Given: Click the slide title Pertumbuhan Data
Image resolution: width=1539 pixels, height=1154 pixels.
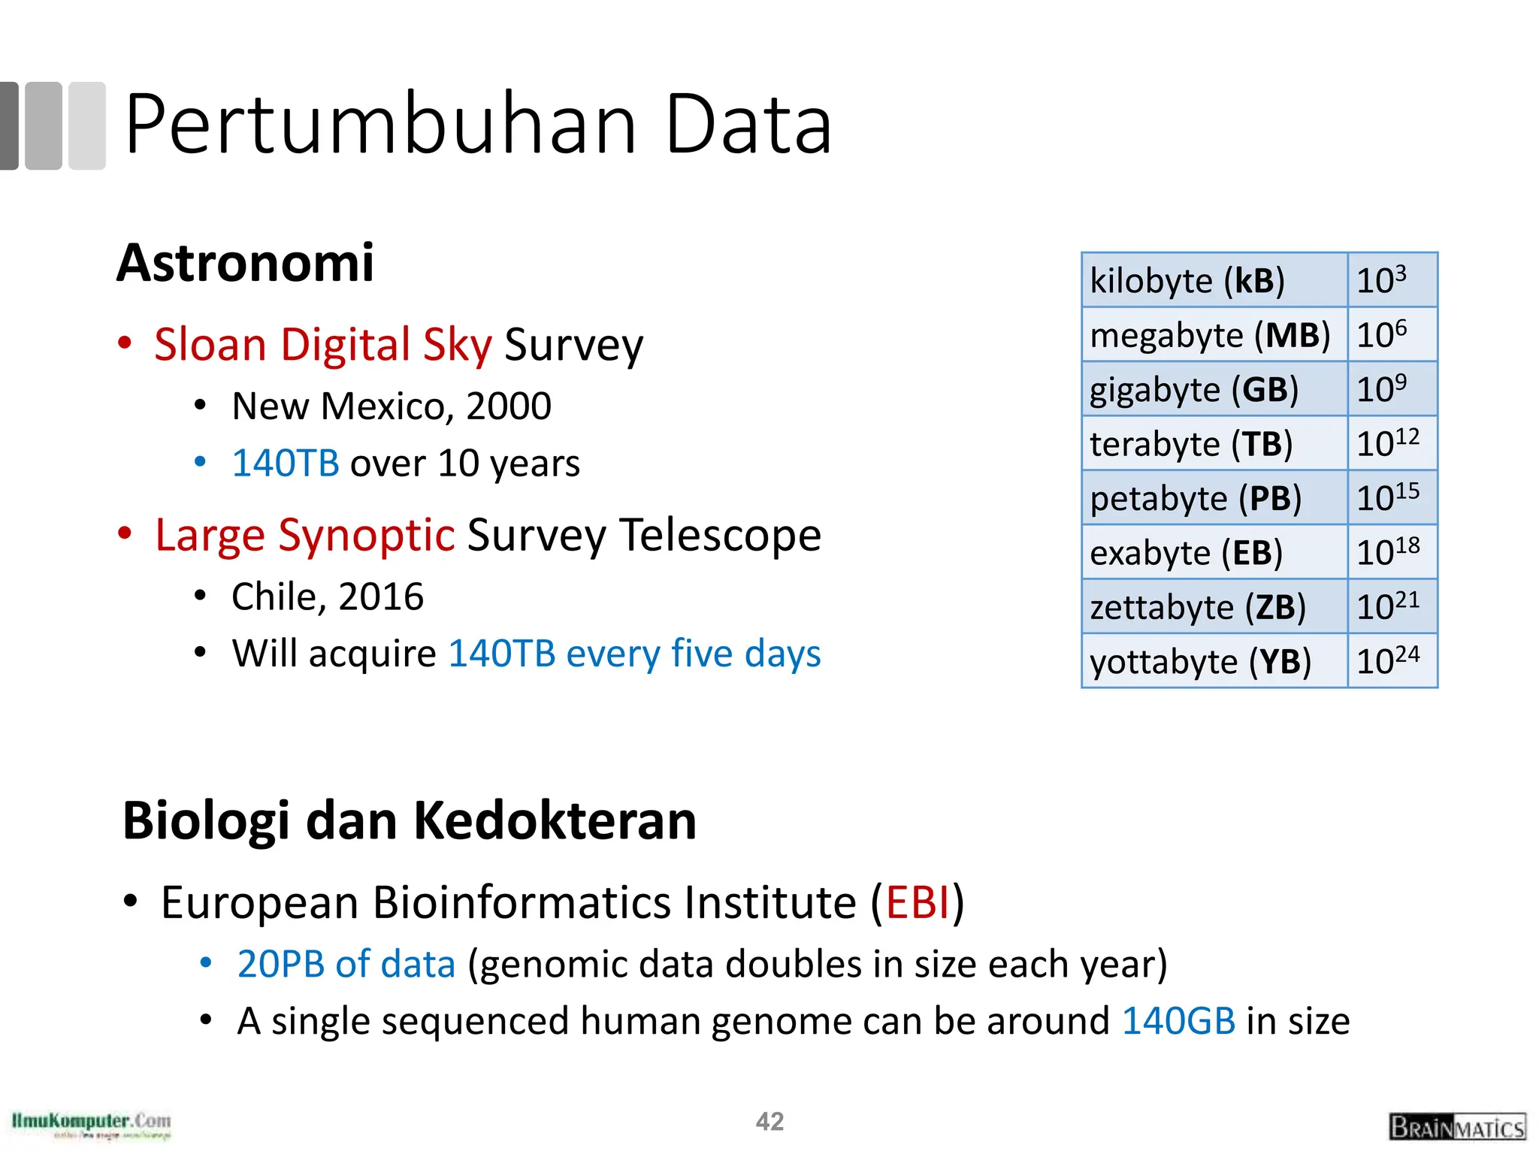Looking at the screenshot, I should coord(478,124).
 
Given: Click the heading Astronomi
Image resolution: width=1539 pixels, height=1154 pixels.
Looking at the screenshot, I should coord(245,263).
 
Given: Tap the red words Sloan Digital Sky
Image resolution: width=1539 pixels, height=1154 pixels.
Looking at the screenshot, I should coord(323,344).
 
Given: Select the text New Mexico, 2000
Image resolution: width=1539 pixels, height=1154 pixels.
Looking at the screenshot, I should coord(391,406).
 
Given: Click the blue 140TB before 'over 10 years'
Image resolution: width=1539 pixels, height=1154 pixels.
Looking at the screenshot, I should coord(286,463).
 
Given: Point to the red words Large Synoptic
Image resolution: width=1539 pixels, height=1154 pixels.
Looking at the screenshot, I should coord(304,535).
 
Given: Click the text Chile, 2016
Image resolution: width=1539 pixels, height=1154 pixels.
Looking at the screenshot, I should coord(327,597).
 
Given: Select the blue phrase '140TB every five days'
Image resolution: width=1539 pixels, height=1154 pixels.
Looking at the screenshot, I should coord(634,653).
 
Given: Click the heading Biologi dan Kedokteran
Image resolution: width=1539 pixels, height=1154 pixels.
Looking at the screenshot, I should coord(410,820).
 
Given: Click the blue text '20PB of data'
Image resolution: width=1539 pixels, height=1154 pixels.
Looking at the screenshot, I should coord(346,964).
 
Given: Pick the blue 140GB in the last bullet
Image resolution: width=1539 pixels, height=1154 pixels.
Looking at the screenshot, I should coord(1178,1021).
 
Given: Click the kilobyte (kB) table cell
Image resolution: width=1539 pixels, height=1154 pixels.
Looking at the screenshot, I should coord(1214,280).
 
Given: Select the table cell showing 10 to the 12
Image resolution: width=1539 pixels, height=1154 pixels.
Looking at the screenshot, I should coord(1392,443).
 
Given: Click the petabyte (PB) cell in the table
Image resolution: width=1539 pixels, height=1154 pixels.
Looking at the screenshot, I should coord(1214,498).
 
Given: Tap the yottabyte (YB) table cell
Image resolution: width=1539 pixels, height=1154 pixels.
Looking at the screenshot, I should coord(1214,661).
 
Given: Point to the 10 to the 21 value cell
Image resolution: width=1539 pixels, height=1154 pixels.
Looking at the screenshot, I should coord(1392,606).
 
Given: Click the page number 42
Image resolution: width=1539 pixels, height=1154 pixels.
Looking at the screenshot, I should coord(769,1121).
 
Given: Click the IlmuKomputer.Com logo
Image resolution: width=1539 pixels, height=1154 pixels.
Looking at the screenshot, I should coord(91,1124).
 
